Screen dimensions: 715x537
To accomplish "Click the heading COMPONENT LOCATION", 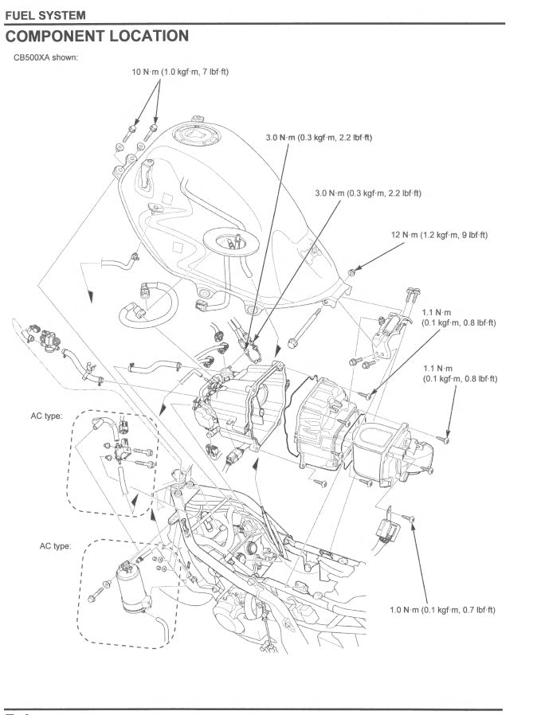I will pos(97,36).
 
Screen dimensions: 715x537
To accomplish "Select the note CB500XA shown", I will pos(45,57).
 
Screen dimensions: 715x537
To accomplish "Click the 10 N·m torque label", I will pos(179,72).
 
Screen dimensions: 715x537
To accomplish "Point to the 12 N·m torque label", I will pos(439,235).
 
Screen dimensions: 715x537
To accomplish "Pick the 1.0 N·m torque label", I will pos(442,609).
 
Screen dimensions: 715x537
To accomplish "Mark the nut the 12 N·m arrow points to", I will pos(351,272).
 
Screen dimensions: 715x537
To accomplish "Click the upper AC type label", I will pos(46,416).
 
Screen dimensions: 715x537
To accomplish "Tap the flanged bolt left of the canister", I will pos(97,591).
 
